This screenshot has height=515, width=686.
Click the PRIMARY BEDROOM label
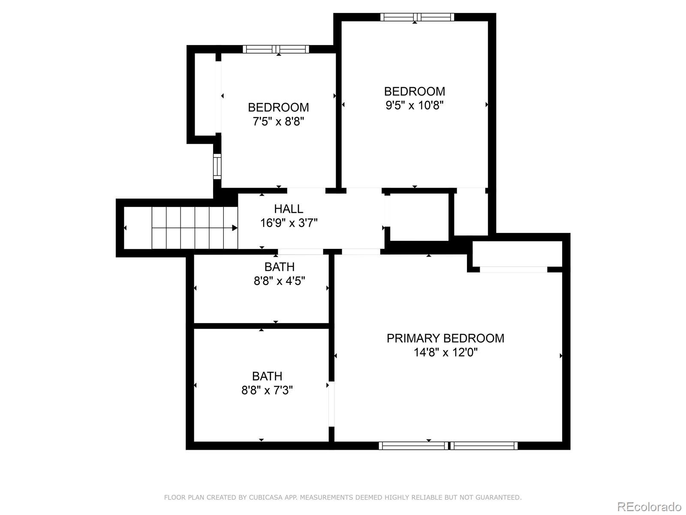pos(445,338)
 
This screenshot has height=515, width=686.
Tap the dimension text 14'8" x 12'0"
pos(445,353)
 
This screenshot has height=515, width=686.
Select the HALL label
pos(289,209)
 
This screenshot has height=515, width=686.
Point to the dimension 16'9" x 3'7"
pos(289,223)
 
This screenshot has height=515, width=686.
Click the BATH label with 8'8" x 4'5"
pos(279,267)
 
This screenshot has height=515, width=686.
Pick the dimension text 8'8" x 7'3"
pos(267,391)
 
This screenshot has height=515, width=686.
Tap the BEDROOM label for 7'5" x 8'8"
pos(278,107)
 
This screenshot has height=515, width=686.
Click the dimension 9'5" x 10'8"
pos(414,106)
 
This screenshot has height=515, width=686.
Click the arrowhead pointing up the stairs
pos(235,228)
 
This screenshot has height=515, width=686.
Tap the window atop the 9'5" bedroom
pos(417,17)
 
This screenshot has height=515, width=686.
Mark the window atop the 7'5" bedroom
pos(276,49)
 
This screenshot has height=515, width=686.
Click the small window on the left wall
pos(217,167)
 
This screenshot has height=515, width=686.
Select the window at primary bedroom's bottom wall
pos(448,446)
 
